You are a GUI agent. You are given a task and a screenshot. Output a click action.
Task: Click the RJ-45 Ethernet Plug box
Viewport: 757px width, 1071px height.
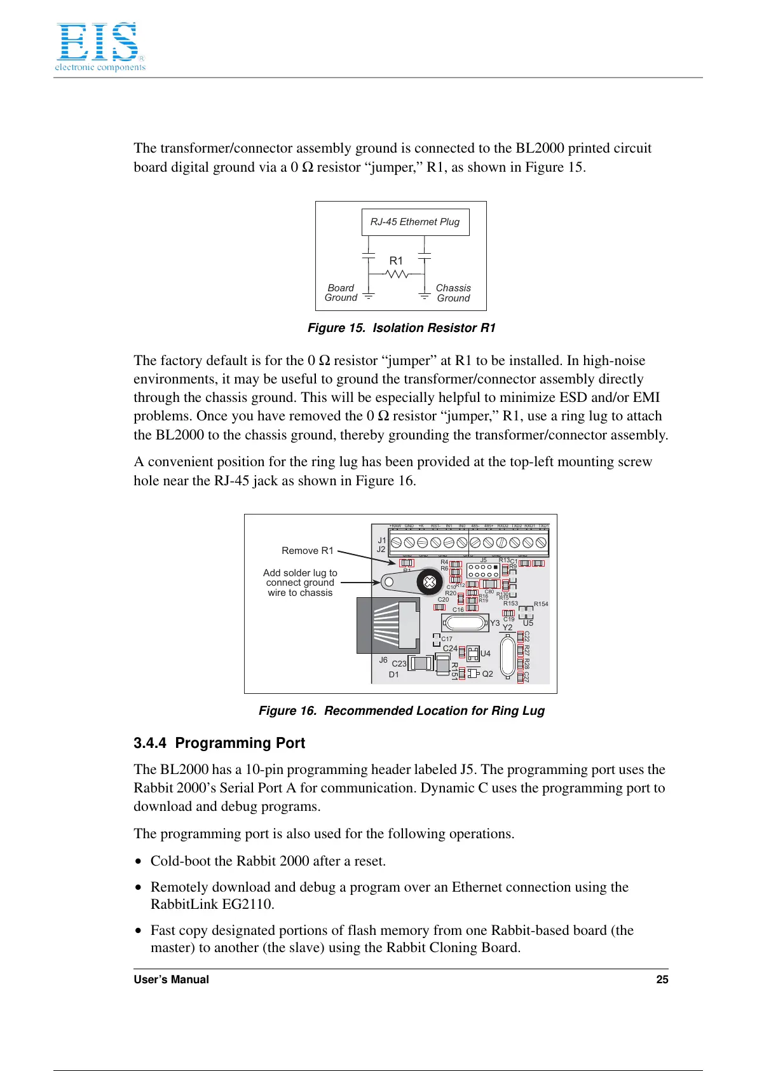pos(415,222)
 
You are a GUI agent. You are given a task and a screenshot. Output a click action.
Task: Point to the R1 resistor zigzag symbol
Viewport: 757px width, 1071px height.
pos(397,274)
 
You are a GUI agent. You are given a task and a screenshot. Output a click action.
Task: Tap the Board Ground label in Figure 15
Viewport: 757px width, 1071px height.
pos(341,293)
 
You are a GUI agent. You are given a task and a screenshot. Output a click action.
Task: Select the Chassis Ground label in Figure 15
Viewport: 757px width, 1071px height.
pos(453,293)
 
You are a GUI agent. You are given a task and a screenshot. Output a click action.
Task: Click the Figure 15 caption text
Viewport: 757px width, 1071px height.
pos(401,328)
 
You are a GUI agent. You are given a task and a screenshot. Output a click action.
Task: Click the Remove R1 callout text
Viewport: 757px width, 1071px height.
pos(307,551)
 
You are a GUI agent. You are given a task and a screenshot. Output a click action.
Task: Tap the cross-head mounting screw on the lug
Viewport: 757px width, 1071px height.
pos(429,582)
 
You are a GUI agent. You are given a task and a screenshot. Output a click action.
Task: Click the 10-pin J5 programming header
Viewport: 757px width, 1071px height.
pos(483,570)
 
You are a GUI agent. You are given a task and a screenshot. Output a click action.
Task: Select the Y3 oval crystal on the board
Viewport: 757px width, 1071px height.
pos(467,622)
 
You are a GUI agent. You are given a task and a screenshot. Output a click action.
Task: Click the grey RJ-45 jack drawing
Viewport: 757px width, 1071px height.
pos(388,625)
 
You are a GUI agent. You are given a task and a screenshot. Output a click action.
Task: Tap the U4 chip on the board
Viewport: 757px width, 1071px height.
pos(473,654)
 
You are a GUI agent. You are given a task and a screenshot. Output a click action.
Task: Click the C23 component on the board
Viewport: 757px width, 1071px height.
pos(421,663)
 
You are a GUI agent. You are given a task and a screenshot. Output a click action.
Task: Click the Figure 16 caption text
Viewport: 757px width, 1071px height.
pos(401,711)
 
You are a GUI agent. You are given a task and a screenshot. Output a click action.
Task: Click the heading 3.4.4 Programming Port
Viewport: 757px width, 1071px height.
pos(219,743)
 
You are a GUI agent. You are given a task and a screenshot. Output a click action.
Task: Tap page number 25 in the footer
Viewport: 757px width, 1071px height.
pos(662,979)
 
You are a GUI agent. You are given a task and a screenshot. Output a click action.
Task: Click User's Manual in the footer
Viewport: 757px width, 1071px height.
pos(171,979)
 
